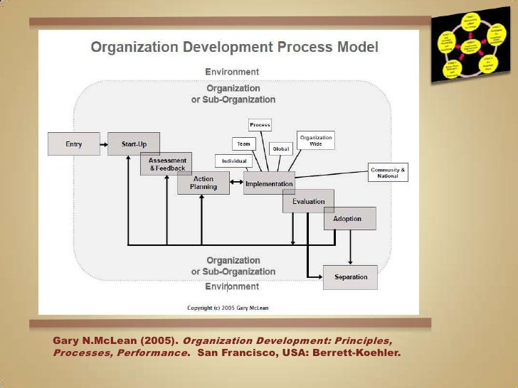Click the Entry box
[x=73, y=144]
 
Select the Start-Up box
[x=134, y=144]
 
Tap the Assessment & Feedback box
[x=167, y=164]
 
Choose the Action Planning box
[x=203, y=183]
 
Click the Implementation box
[x=269, y=183]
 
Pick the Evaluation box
[x=308, y=202]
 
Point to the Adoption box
[x=347, y=219]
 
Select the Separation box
[x=350, y=277]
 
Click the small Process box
[x=260, y=125]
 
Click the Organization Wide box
[x=316, y=140]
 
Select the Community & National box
[x=388, y=173]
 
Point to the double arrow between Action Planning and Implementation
[x=237, y=184]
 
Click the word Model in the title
[x=354, y=48]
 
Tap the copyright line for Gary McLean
[x=228, y=308]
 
